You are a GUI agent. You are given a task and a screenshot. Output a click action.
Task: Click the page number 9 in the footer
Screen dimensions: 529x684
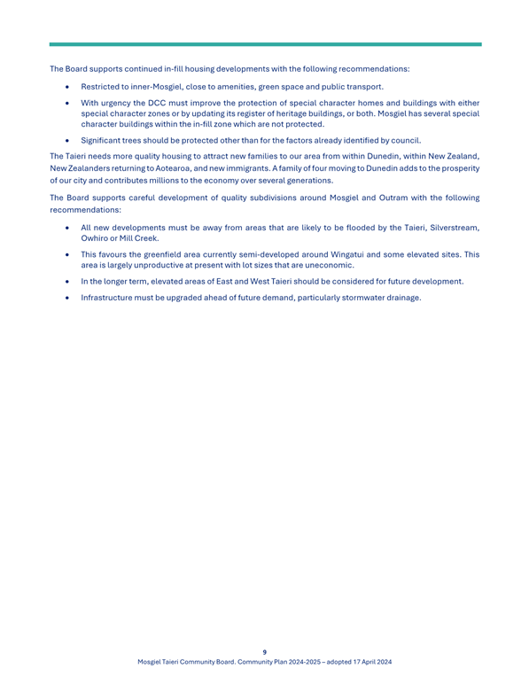click(264, 650)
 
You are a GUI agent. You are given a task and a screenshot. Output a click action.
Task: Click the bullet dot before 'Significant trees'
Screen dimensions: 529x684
click(67, 141)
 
